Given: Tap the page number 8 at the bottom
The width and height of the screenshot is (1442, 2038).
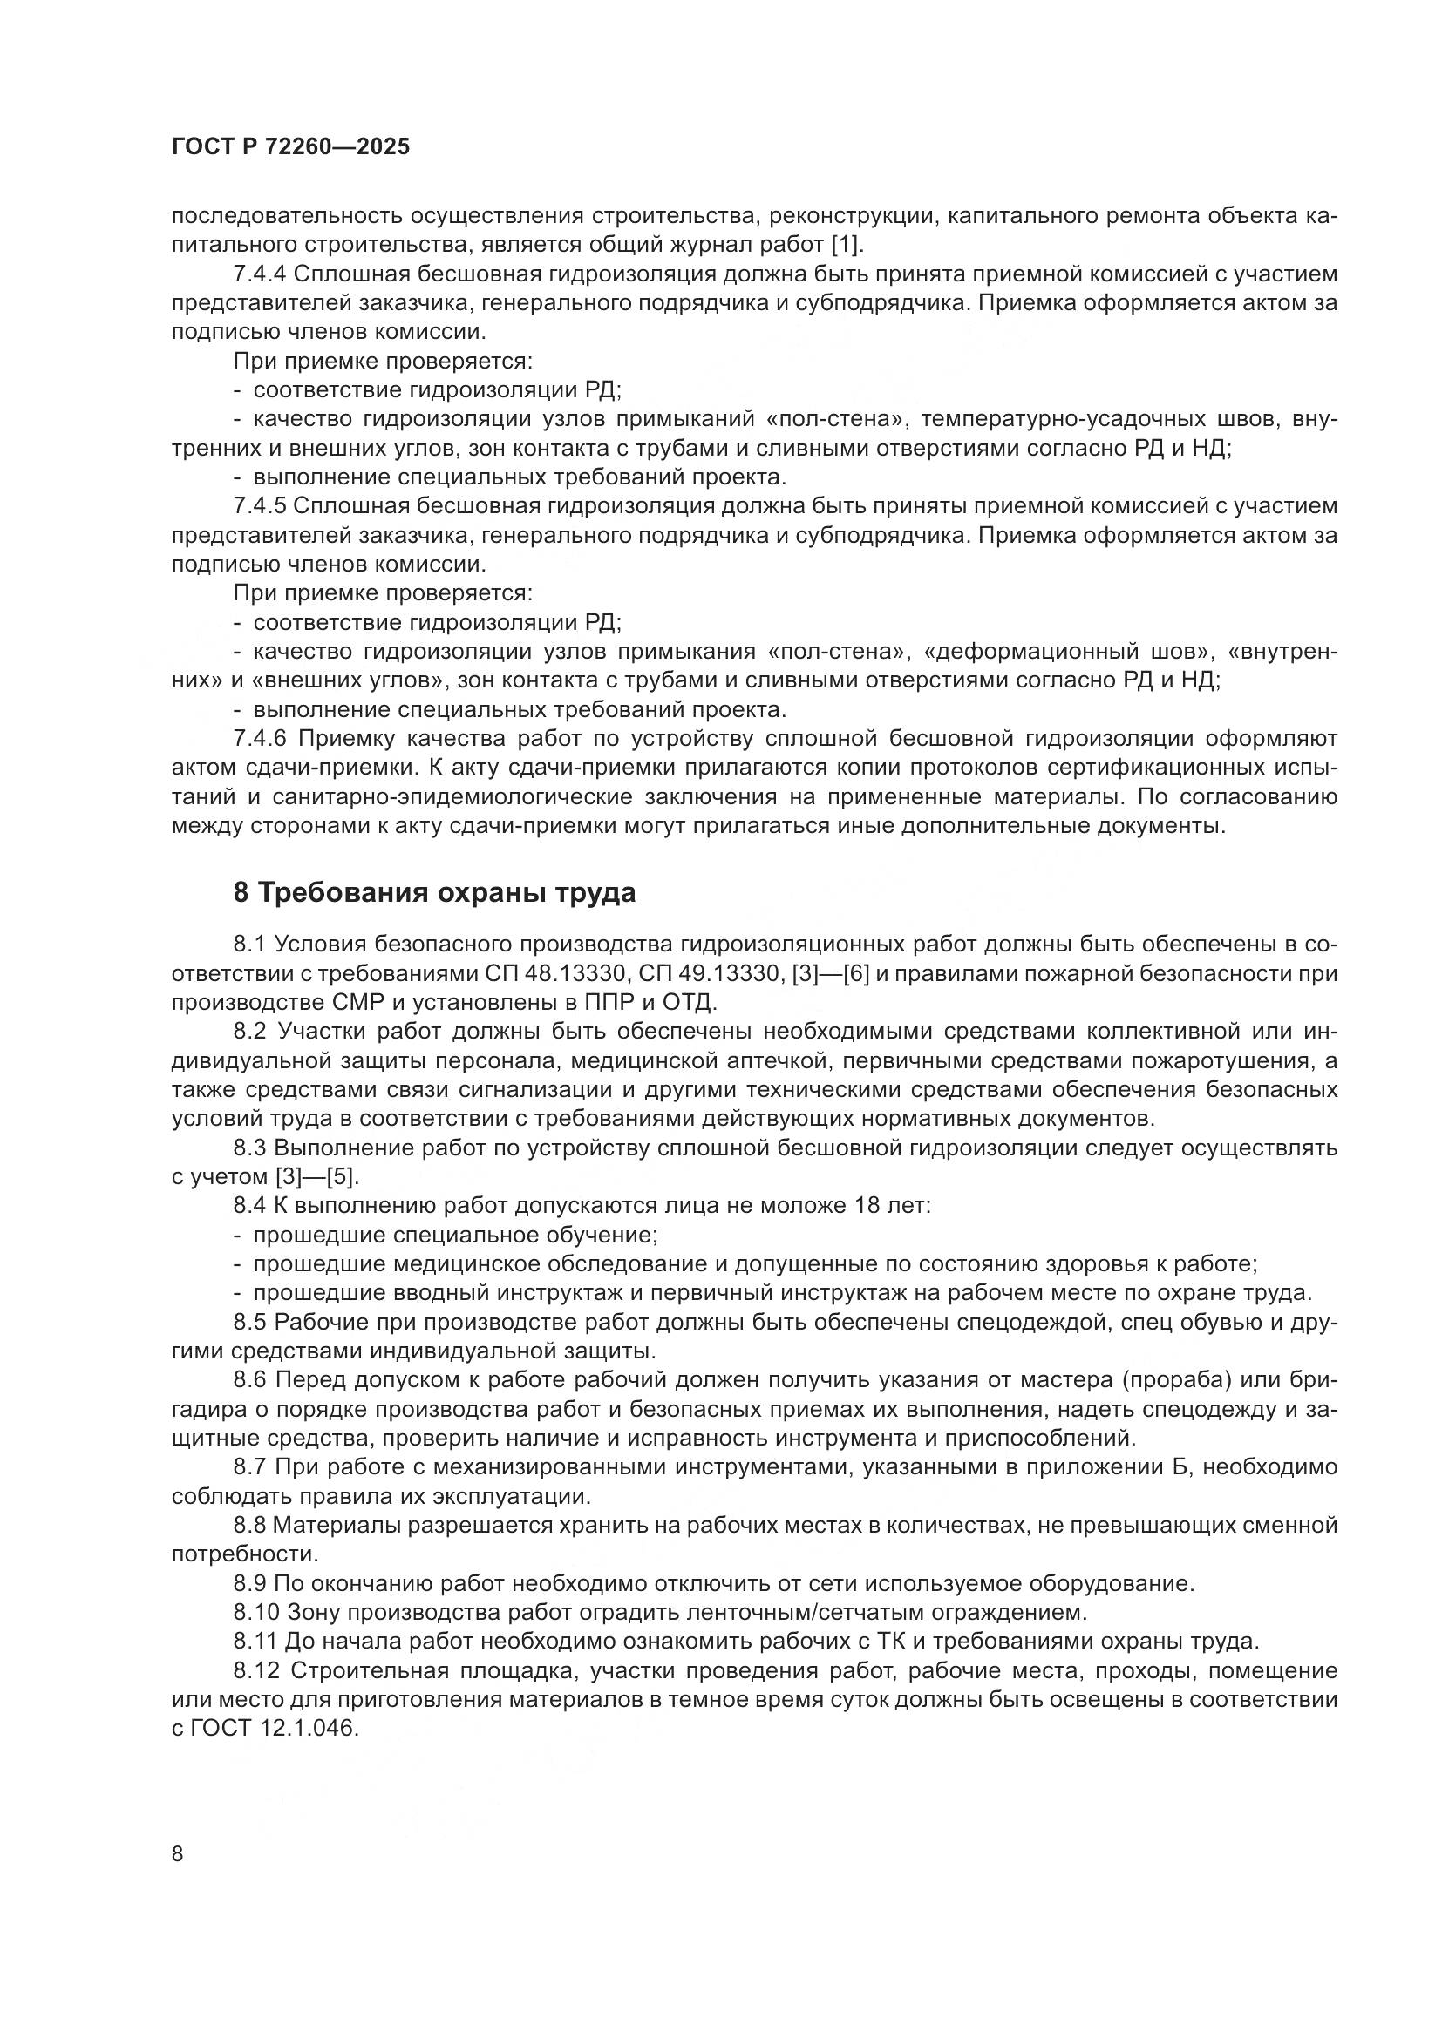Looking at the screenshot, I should click(x=178, y=1854).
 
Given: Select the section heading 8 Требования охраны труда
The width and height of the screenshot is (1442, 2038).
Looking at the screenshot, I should click(x=434, y=893).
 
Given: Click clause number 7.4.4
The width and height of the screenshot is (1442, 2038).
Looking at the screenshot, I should click(x=259, y=274).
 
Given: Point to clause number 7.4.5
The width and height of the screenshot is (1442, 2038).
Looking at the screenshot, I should click(x=259, y=506).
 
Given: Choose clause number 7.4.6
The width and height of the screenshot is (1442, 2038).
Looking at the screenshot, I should click(x=260, y=739).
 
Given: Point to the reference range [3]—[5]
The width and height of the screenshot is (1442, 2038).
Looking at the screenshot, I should click(x=317, y=1177).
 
